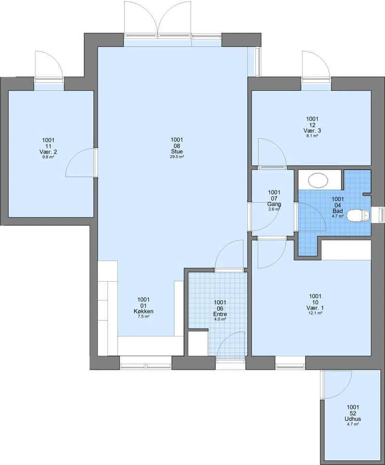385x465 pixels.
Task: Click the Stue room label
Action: (177, 152)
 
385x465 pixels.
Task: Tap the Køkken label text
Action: (143, 311)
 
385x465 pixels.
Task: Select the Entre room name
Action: (220, 314)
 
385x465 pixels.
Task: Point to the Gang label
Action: (274, 204)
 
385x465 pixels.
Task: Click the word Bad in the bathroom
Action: (337, 211)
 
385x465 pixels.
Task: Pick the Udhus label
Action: (353, 419)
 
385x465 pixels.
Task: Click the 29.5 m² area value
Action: (177, 157)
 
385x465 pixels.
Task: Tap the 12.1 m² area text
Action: (315, 313)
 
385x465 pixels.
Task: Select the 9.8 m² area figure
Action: (48, 157)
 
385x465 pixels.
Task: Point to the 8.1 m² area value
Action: (312, 136)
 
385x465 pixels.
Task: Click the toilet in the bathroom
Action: (358, 216)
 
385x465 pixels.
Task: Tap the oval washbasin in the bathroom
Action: (318, 180)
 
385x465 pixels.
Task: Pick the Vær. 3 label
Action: (312, 130)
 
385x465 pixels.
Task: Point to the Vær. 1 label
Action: (315, 308)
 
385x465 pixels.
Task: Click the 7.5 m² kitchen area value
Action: (143, 317)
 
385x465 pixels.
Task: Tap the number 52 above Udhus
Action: (353, 413)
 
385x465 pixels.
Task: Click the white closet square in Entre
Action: (198, 343)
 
